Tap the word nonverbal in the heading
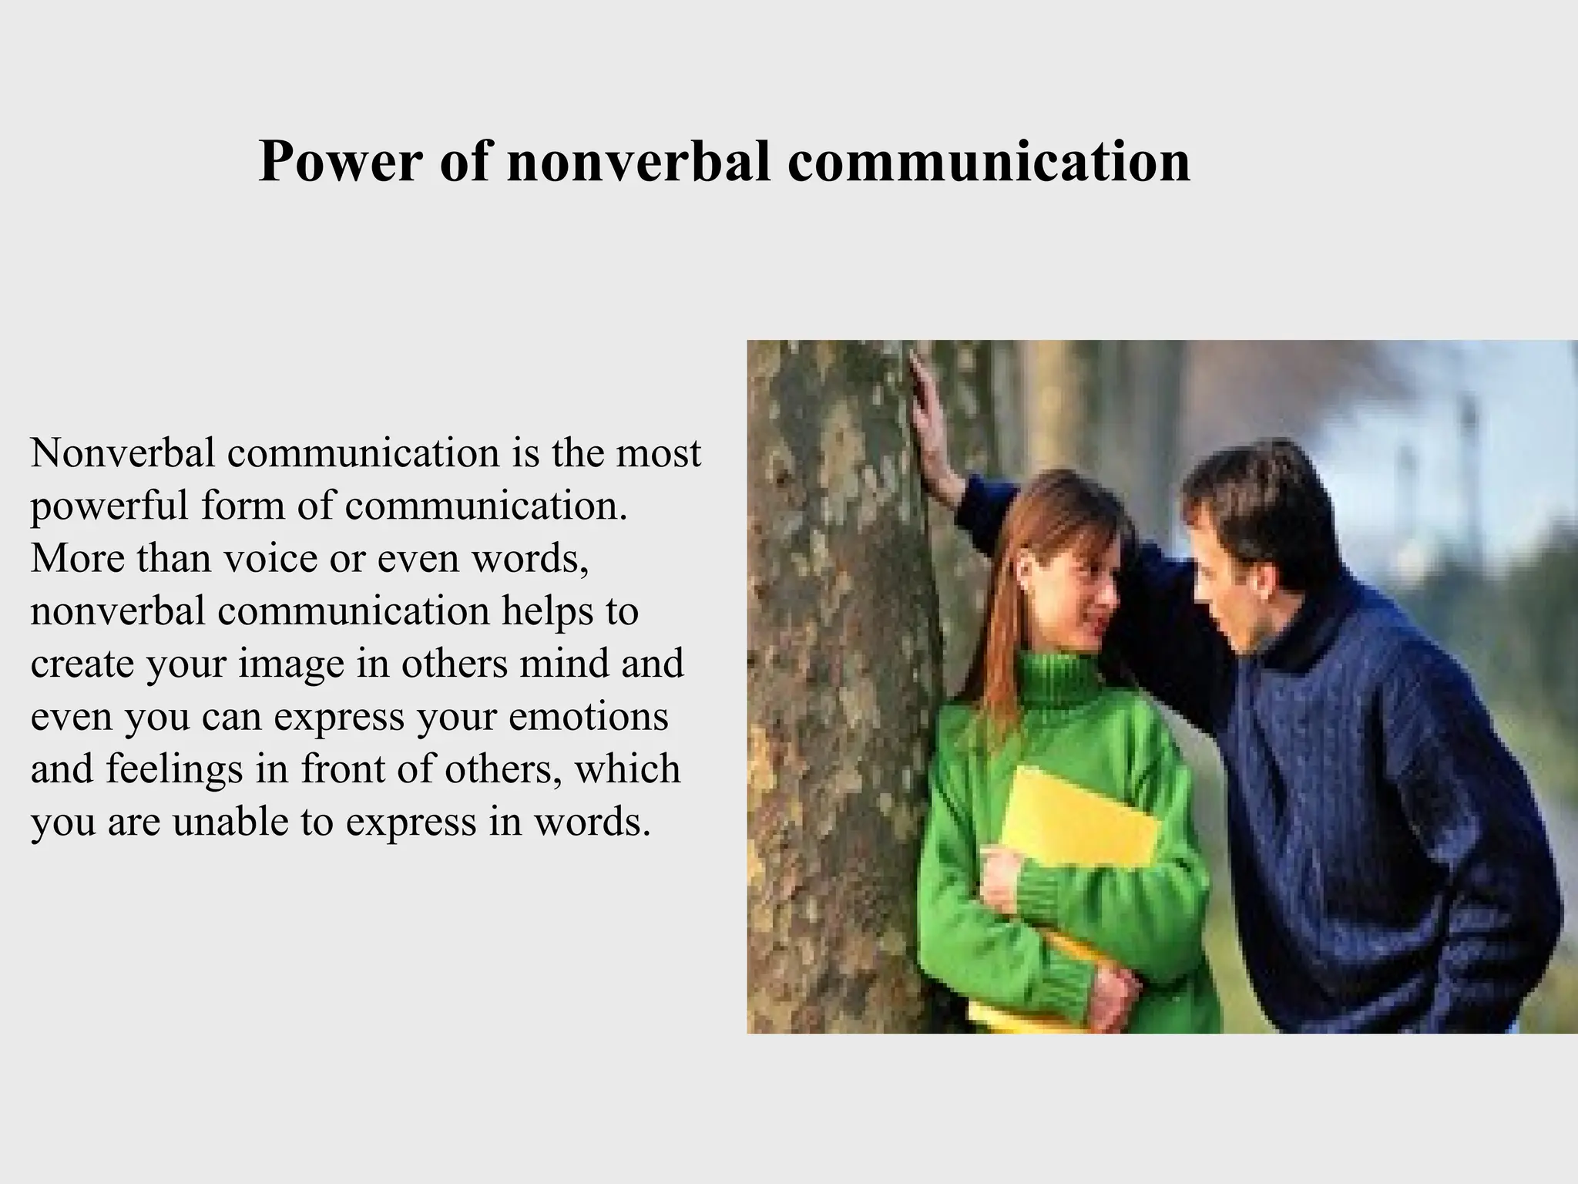click(x=638, y=162)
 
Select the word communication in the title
click(x=989, y=162)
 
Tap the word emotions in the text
click(x=588, y=717)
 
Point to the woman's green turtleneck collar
click(x=1059, y=678)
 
